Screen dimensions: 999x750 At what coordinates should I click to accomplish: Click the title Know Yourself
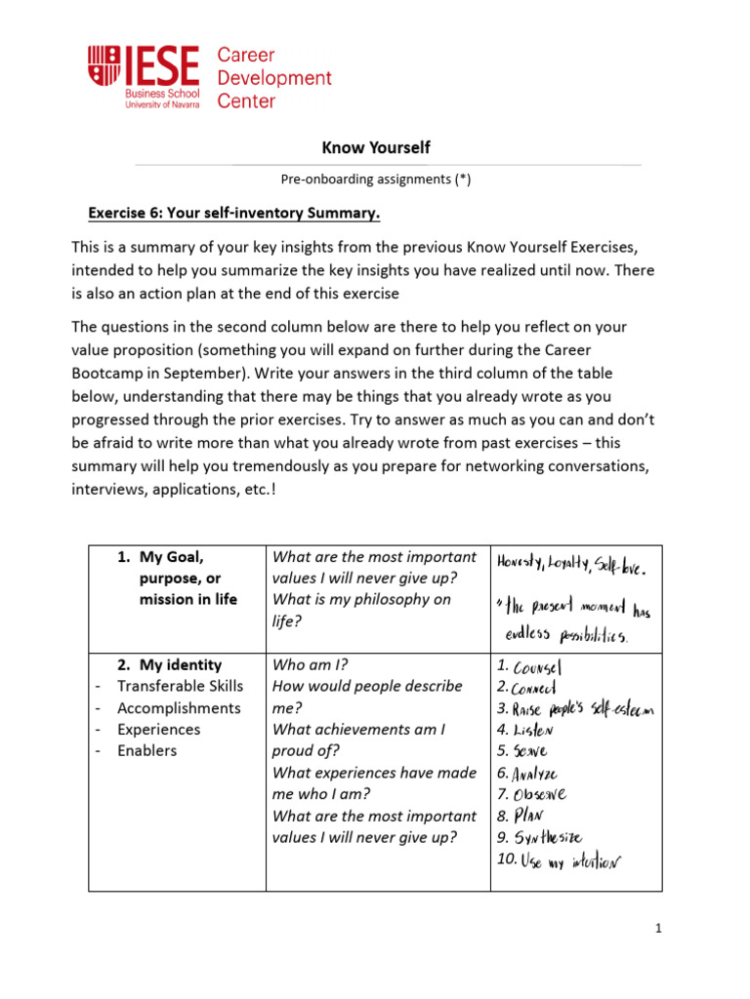coord(375,147)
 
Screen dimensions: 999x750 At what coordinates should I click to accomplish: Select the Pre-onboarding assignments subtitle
coord(375,179)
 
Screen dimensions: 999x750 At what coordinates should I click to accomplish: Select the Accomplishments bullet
coord(179,708)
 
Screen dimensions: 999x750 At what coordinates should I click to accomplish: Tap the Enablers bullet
coord(147,751)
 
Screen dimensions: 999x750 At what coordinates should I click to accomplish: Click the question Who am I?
coord(310,665)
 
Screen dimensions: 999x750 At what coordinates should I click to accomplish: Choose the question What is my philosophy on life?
coord(361,610)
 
